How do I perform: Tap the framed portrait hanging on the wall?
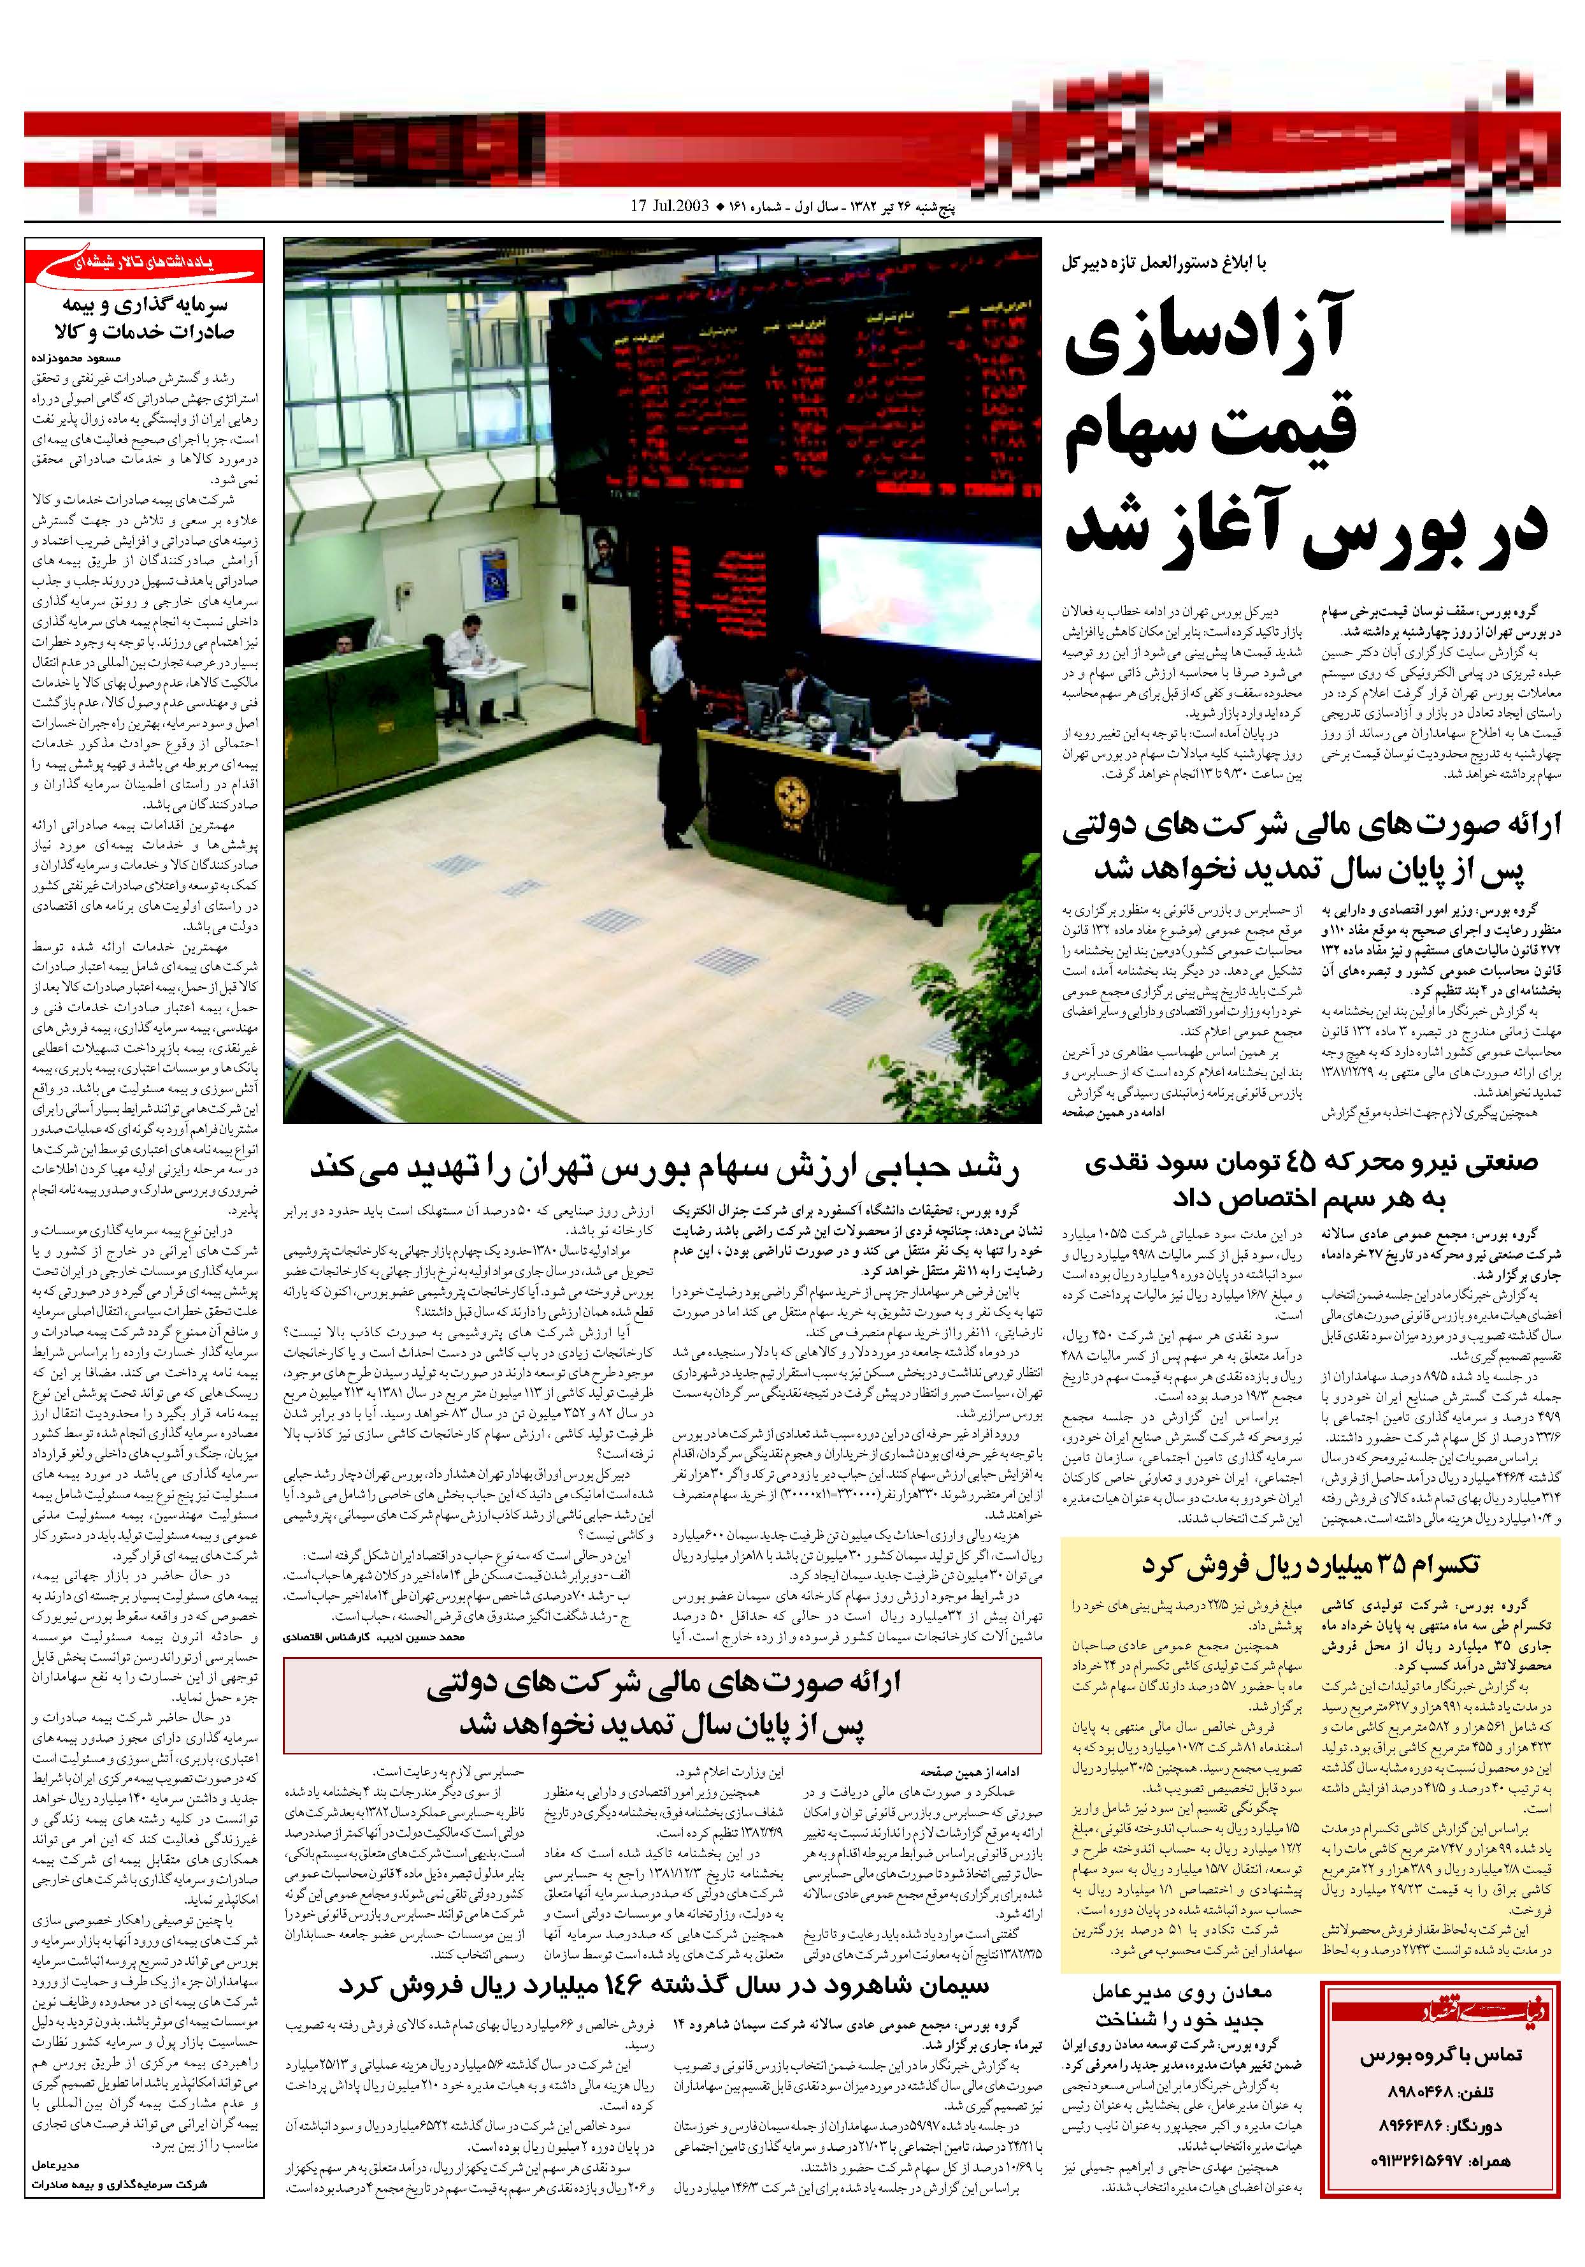[598, 551]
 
